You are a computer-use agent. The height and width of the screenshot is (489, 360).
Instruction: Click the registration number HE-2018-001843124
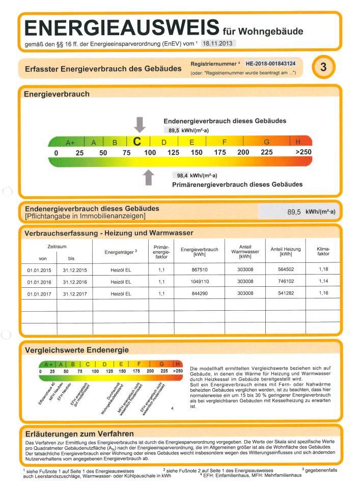click(270, 64)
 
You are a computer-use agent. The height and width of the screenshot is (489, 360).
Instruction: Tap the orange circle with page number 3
click(324, 67)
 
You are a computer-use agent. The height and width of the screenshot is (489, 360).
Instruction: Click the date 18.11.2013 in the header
click(217, 44)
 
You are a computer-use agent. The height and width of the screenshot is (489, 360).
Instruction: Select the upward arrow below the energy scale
click(148, 177)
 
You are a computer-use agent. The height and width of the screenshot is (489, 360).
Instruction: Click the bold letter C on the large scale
click(137, 142)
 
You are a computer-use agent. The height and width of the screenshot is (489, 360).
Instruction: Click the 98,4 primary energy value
click(182, 175)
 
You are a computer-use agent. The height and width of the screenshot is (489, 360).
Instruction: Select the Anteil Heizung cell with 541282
click(286, 293)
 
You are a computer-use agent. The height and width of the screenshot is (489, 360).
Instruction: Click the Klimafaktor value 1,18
click(323, 269)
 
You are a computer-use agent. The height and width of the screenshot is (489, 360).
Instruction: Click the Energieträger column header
click(121, 252)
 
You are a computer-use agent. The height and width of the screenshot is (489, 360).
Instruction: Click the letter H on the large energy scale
click(298, 142)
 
